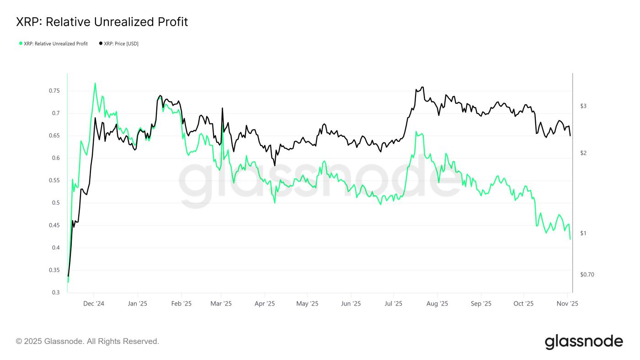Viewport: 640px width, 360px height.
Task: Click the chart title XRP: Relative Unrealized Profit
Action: [x=102, y=22]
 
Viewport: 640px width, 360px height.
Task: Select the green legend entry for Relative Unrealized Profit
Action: [x=53, y=44]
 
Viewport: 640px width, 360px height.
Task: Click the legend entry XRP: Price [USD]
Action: [x=119, y=44]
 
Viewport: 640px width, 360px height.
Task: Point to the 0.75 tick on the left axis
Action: [x=54, y=91]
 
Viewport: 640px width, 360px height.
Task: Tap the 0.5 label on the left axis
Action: [x=56, y=203]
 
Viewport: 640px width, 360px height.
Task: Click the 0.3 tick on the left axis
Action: [x=56, y=293]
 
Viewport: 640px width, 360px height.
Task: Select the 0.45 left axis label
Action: [x=54, y=226]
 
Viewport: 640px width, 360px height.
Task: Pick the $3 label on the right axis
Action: [x=583, y=106]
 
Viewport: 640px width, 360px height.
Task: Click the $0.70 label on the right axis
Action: [x=587, y=275]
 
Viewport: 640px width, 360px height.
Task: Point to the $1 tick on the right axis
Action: [x=583, y=233]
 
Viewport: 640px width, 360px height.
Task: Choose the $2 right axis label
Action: [x=583, y=153]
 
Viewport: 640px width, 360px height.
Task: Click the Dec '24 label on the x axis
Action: [x=94, y=303]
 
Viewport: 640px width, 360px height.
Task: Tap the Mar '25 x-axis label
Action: [x=221, y=303]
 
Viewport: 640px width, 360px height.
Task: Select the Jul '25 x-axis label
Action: [x=394, y=303]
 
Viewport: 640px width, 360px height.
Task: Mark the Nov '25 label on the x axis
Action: [x=567, y=303]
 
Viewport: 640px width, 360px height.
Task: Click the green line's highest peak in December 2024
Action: [x=95, y=83]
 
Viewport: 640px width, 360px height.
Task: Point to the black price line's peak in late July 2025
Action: [x=422, y=87]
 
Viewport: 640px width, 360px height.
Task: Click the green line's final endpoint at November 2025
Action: [x=570, y=239]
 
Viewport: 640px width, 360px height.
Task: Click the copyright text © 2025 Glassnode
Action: [x=87, y=341]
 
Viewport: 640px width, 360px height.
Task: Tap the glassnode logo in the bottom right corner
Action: [x=584, y=342]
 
